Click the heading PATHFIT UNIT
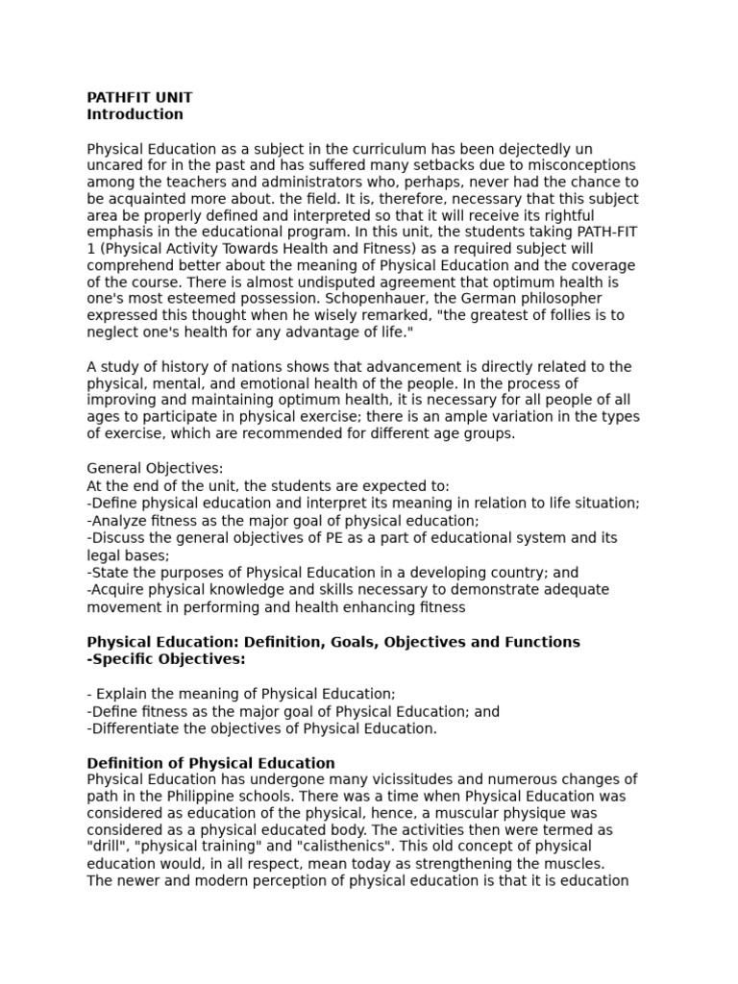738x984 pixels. [x=139, y=97]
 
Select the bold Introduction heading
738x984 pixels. [x=135, y=114]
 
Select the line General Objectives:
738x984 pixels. [x=155, y=468]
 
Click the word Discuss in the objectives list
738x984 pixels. [x=121, y=537]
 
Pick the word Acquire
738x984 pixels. [x=121, y=589]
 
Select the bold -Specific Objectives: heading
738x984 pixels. [x=166, y=658]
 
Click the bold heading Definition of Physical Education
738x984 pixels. [x=210, y=763]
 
